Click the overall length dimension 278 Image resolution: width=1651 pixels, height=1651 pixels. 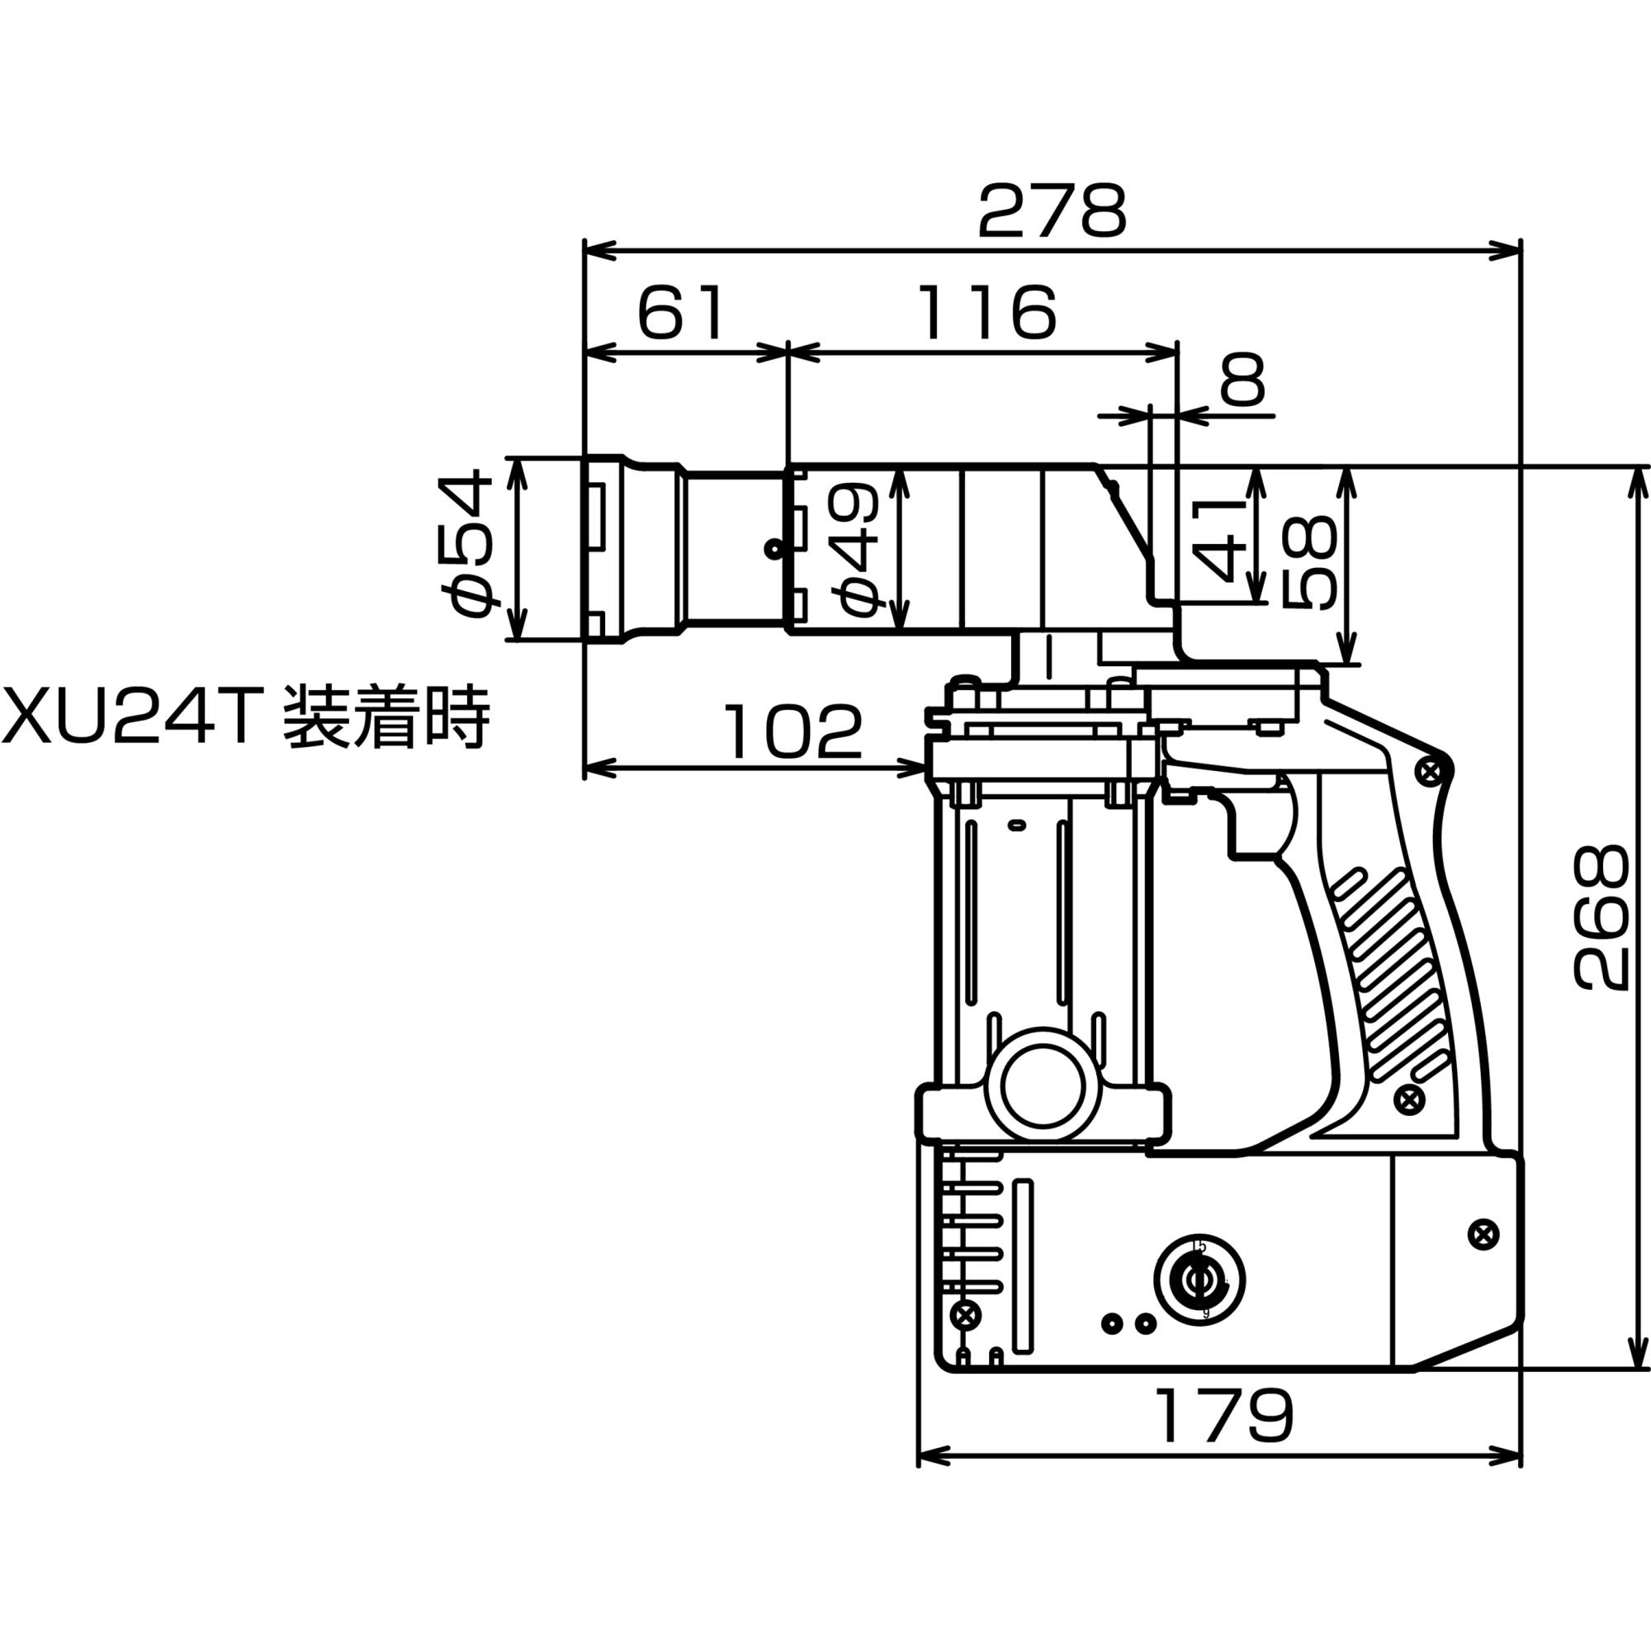[x=1052, y=211]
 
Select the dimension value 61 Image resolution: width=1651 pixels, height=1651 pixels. [x=681, y=314]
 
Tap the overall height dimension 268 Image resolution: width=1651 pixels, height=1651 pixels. [x=1600, y=919]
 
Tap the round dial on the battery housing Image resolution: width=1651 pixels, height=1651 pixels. [x=1199, y=1280]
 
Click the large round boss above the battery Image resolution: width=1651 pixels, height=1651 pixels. [x=1041, y=1085]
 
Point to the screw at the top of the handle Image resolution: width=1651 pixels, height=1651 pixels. [x=1426, y=773]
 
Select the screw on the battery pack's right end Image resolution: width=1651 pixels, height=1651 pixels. [x=1483, y=1234]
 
